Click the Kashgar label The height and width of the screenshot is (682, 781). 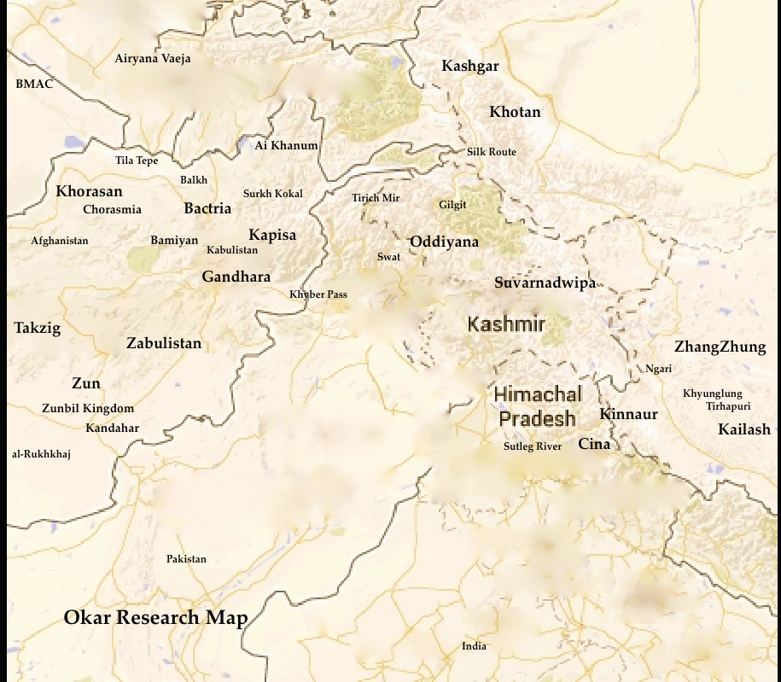click(x=469, y=67)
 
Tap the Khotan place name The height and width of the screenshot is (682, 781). click(x=515, y=112)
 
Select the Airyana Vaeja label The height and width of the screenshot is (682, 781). click(x=153, y=59)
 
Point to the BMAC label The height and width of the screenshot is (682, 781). click(x=34, y=84)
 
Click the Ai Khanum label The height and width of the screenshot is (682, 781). click(x=286, y=145)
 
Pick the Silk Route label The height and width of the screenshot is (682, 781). click(x=491, y=152)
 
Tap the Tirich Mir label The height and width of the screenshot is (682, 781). click(x=376, y=198)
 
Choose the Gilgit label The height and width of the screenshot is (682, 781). click(x=452, y=205)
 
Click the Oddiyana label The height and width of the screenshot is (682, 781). click(x=444, y=242)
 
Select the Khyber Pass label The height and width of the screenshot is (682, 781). click(x=318, y=294)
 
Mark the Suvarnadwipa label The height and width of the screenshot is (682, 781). click(x=545, y=283)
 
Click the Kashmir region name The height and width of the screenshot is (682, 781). click(x=506, y=324)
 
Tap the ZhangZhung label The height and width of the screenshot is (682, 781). click(x=720, y=347)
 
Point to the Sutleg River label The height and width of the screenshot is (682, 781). click(x=532, y=446)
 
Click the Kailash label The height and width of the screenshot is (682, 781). click(x=743, y=429)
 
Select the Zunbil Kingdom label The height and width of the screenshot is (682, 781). click(x=88, y=408)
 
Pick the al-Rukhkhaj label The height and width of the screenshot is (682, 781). click(x=41, y=454)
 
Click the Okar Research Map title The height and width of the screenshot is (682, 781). click(x=155, y=618)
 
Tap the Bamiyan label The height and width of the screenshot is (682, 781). click(x=174, y=241)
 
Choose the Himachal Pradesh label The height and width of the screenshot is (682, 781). click(x=538, y=406)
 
